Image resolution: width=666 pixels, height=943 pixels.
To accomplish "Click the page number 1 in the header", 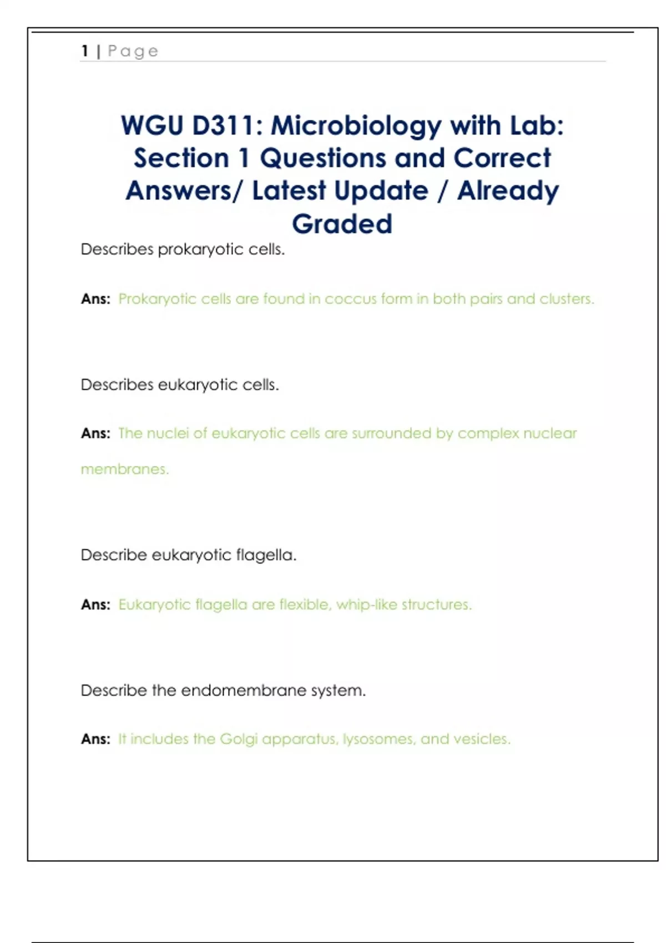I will pos(85,51).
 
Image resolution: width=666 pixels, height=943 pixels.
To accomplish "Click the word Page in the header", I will pos(133,52).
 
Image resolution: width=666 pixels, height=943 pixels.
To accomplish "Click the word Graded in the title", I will pos(342,224).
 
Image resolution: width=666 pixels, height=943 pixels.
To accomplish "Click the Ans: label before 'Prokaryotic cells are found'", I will pos(95,299).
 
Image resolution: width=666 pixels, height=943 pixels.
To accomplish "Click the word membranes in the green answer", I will pos(124,469).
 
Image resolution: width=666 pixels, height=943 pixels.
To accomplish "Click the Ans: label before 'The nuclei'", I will pos(95,433).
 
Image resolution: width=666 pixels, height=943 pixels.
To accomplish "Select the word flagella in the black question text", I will pos(266,555).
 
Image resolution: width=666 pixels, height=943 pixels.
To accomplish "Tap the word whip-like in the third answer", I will pos(366,605).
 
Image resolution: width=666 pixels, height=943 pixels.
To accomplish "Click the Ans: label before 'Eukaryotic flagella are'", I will pos(95,605).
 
